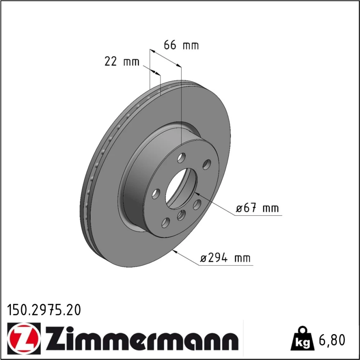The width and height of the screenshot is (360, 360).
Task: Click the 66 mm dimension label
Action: [181, 45]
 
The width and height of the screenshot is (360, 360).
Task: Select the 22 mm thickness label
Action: [122, 62]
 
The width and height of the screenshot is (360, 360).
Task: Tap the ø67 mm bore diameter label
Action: [257, 208]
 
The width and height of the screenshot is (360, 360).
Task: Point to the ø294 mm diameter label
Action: [225, 258]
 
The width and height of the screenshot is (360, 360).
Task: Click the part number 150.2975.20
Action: [44, 310]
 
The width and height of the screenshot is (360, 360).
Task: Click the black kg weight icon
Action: [302, 339]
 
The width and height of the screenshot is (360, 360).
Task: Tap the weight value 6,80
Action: [332, 340]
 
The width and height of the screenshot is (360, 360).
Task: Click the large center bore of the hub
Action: [181, 189]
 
